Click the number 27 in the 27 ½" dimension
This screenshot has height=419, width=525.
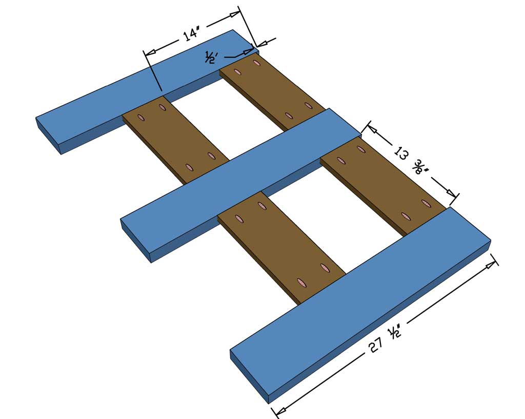point(376,348)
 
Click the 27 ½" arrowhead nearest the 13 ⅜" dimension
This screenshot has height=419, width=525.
point(493,264)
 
